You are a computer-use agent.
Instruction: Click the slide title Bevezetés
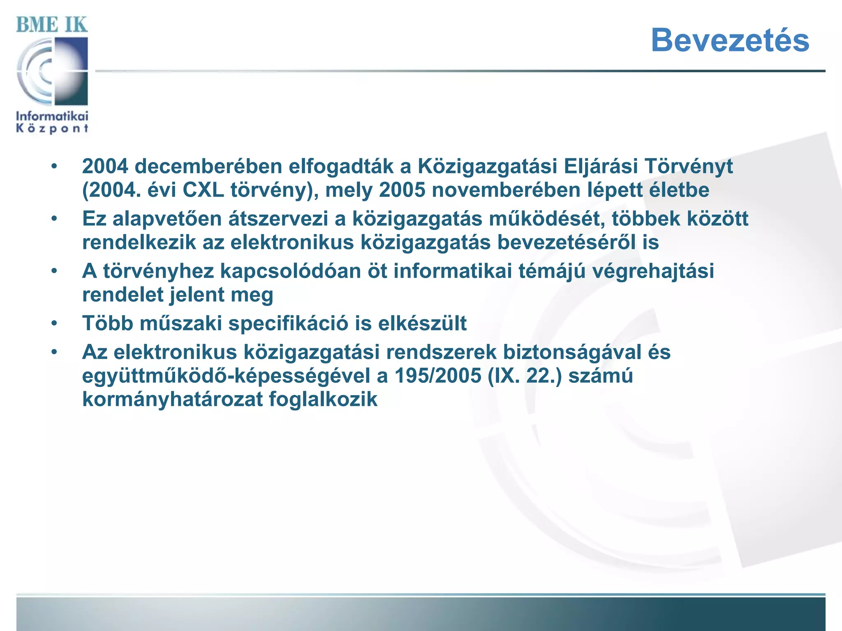730,40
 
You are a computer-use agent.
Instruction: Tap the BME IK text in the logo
52,25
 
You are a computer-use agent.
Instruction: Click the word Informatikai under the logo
52,116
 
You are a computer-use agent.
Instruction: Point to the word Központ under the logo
52,129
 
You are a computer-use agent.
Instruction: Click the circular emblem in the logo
52,71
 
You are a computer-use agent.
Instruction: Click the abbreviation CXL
203,190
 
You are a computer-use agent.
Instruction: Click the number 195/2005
438,375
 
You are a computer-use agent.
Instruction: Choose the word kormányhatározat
172,399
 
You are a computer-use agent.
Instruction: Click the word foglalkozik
323,399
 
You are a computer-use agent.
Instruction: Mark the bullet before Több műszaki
54,323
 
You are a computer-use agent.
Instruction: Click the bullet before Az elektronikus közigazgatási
54,352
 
